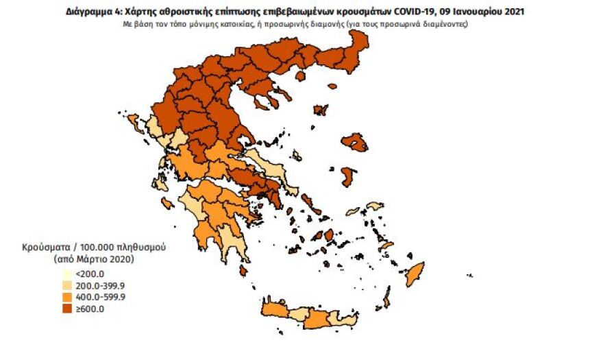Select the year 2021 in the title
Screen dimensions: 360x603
[x=517, y=12]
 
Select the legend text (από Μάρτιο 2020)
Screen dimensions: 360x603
[x=93, y=259]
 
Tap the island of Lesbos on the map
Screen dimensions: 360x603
[x=356, y=142]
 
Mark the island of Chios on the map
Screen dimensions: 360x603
[x=349, y=176]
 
